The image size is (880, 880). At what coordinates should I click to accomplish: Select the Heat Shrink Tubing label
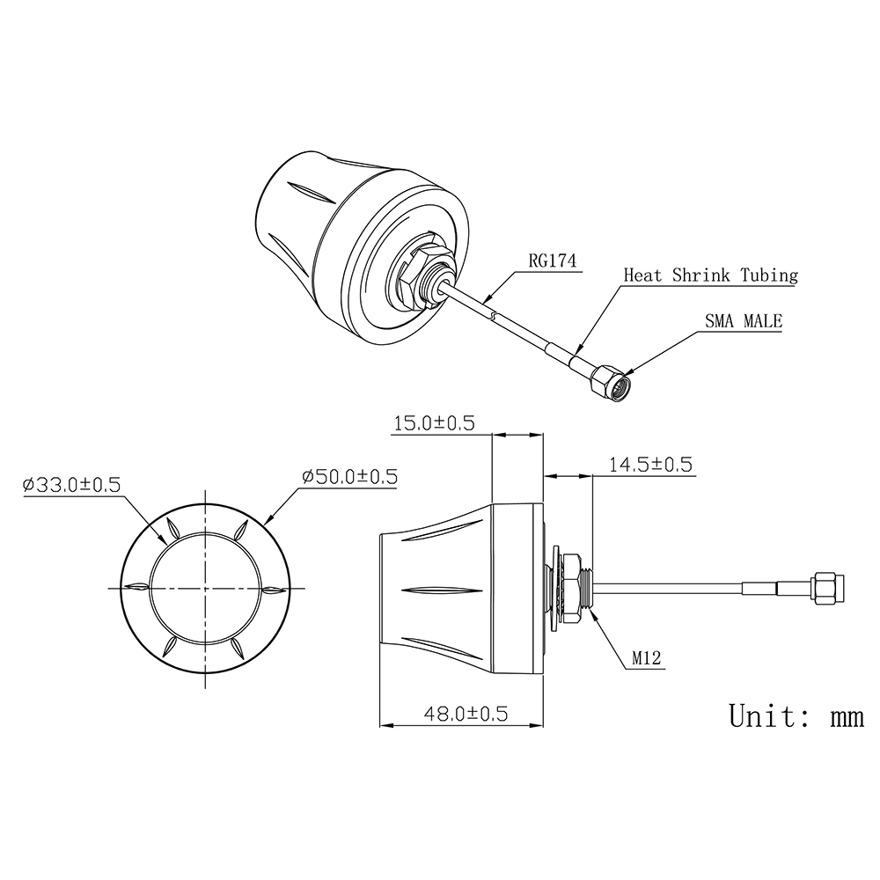pos(710,275)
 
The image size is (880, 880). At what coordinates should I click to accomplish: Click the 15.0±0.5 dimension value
pos(433,423)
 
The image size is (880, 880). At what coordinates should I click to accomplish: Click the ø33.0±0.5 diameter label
pos(71,484)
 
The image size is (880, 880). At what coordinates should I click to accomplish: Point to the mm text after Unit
pos(847,717)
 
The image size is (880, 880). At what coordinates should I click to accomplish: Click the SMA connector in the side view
pos(827,587)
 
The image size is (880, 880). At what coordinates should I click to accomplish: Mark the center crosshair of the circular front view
pos(206,588)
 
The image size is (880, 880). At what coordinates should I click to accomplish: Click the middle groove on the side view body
pos(440,588)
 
